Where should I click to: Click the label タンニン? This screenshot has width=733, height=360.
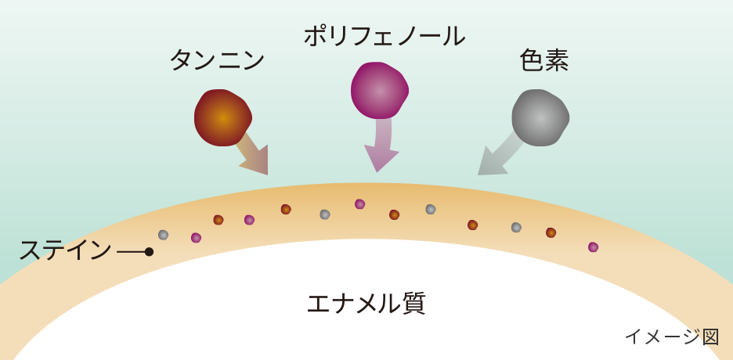click(x=217, y=59)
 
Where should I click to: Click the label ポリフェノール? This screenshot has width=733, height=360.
click(x=384, y=35)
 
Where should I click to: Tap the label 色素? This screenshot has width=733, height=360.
click(x=543, y=60)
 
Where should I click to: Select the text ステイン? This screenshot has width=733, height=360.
click(x=65, y=250)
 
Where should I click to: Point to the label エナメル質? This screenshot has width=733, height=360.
click(x=366, y=303)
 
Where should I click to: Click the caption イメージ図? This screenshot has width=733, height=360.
click(x=671, y=337)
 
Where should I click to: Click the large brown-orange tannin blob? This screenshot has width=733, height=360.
click(x=222, y=117)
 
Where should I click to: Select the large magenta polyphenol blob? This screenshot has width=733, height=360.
click(x=379, y=90)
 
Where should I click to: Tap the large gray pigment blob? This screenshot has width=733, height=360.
click(x=540, y=117)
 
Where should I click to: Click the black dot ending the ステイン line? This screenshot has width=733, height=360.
click(x=149, y=251)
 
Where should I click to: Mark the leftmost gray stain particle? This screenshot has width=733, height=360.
click(x=163, y=235)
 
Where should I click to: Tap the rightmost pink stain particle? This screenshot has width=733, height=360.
click(x=593, y=247)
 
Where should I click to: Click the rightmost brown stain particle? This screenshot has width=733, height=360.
click(x=551, y=232)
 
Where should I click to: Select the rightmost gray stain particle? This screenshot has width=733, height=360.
click(x=516, y=228)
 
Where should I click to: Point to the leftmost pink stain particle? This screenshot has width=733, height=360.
click(x=196, y=238)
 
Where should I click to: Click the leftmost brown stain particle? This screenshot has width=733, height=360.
click(x=218, y=220)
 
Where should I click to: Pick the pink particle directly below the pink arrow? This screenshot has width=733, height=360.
click(x=359, y=204)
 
